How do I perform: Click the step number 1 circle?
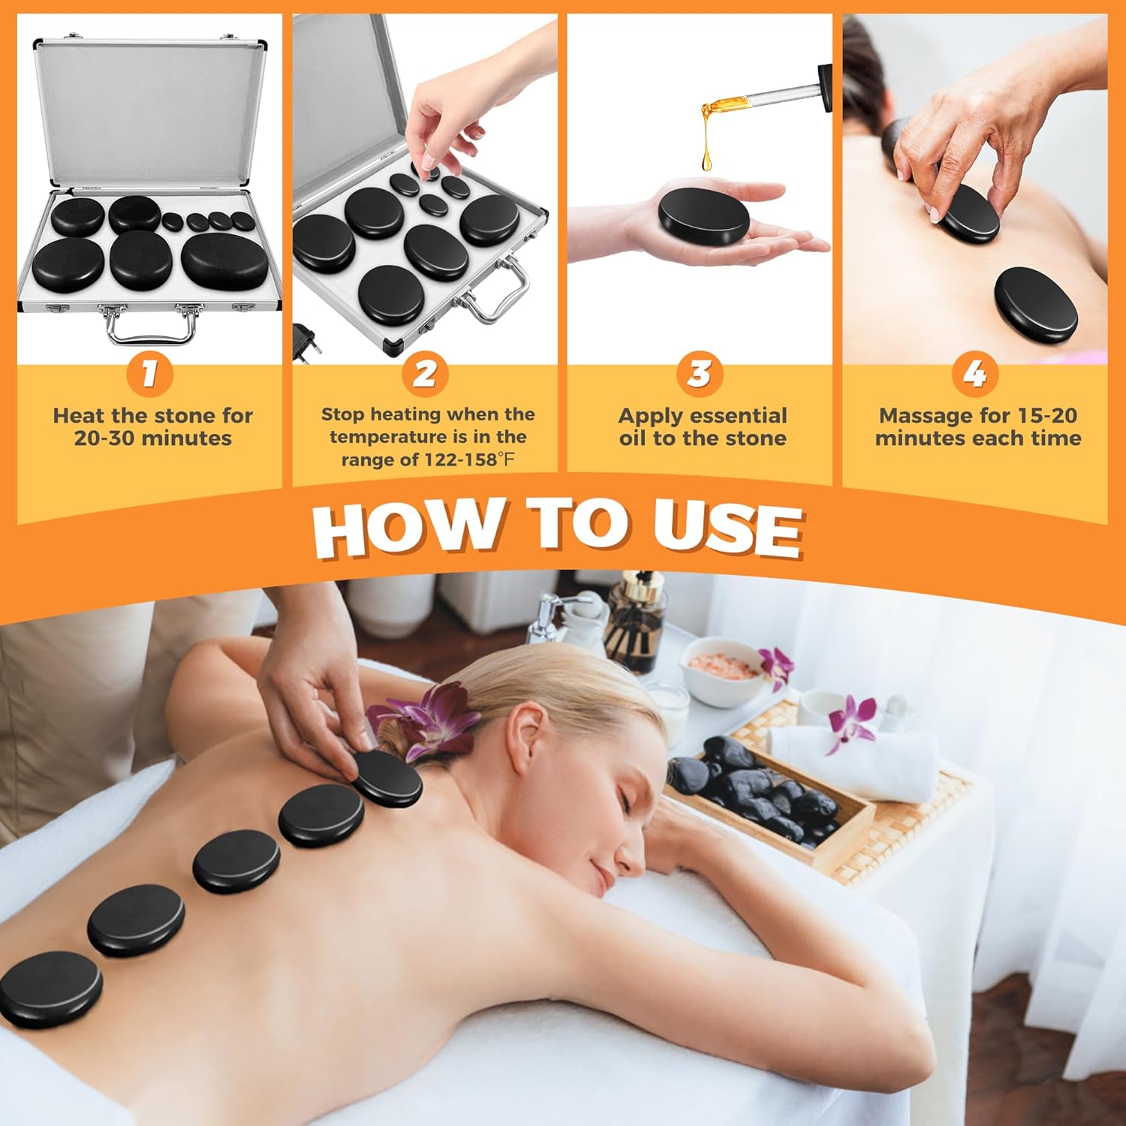[149, 373]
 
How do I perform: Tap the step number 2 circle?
[425, 373]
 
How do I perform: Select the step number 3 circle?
[700, 373]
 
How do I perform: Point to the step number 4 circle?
[974, 373]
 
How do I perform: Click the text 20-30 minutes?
[152, 438]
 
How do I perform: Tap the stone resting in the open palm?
[703, 212]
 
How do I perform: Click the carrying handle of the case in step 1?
[150, 329]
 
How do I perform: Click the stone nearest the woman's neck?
[387, 779]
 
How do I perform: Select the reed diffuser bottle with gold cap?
[635, 623]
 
